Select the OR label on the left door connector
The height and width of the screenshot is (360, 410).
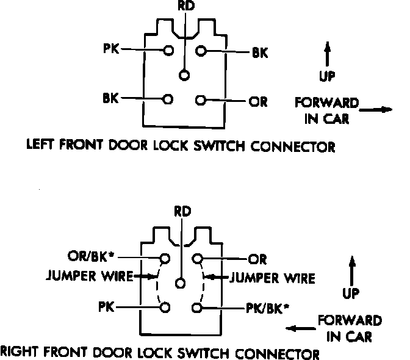click(259, 101)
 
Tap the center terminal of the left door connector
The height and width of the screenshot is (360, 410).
click(184, 75)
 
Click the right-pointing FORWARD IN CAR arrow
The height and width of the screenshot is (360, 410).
click(375, 110)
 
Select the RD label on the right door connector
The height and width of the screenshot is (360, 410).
click(182, 212)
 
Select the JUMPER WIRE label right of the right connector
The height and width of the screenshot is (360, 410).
click(273, 279)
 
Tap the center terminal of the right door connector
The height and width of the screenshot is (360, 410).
click(180, 283)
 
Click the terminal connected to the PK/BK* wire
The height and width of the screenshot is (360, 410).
click(197, 308)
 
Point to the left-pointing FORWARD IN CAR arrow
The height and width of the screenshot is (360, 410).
click(300, 329)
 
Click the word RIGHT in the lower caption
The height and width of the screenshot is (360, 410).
click(18, 352)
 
